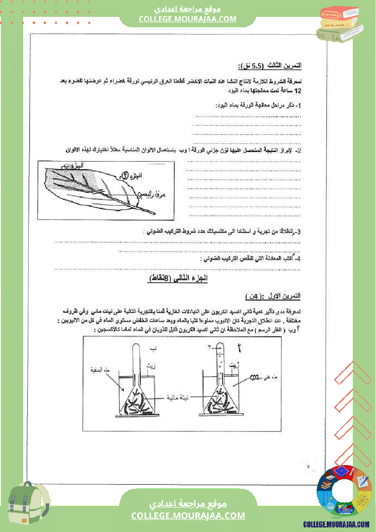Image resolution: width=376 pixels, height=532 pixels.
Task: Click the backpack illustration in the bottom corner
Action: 27,505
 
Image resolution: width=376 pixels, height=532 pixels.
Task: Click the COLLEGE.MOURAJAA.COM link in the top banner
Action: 188,19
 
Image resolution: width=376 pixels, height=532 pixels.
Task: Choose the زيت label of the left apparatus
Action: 151,365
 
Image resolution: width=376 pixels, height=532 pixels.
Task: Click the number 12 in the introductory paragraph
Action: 298,91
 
